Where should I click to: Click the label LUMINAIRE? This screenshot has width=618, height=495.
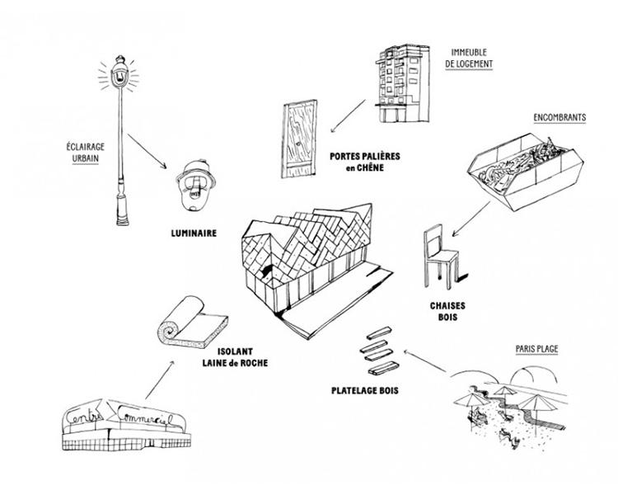point(194,233)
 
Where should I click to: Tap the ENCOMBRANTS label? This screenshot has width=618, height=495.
point(559,118)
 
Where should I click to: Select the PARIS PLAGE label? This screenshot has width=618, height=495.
point(536,349)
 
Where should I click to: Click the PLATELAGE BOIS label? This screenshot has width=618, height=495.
point(364,391)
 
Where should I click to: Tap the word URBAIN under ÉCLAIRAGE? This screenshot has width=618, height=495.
point(85,158)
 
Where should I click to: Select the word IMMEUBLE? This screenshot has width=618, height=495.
point(469,52)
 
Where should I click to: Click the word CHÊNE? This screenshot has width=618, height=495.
point(370,167)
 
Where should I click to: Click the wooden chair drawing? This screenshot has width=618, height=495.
point(442,257)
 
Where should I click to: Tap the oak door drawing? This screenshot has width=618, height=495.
point(300,139)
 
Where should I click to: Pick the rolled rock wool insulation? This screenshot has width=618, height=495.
point(192,323)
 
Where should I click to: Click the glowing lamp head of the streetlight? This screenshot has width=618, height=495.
point(119,73)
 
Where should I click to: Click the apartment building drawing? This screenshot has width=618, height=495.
point(402,83)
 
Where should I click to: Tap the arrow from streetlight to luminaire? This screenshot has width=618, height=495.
point(147,152)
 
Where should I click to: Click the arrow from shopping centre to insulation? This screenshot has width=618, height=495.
point(160,379)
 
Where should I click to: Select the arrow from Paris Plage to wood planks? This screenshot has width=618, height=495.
point(424,361)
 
